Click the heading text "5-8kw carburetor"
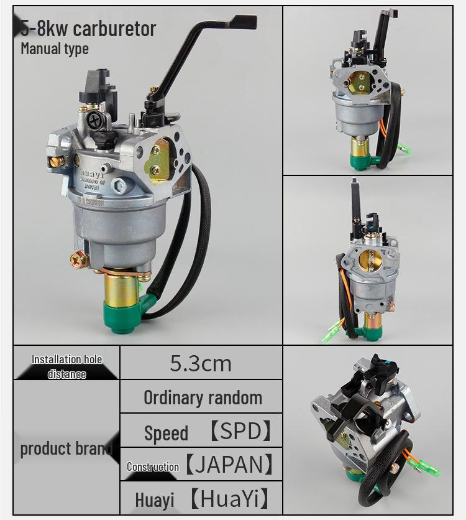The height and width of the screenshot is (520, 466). pyautogui.click(x=88, y=29)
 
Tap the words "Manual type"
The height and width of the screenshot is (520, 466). pyautogui.click(x=55, y=49)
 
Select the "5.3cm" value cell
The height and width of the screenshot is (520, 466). pyautogui.click(x=200, y=363)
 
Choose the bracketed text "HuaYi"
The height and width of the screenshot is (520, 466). pyautogui.click(x=230, y=498)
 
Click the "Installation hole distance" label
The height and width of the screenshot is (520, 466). pyautogui.click(x=66, y=366)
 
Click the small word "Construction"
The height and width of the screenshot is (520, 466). pyautogui.click(x=153, y=467)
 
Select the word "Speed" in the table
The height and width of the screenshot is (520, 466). pyautogui.click(x=166, y=433)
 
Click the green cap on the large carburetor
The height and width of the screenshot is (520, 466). pyautogui.click(x=124, y=315)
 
